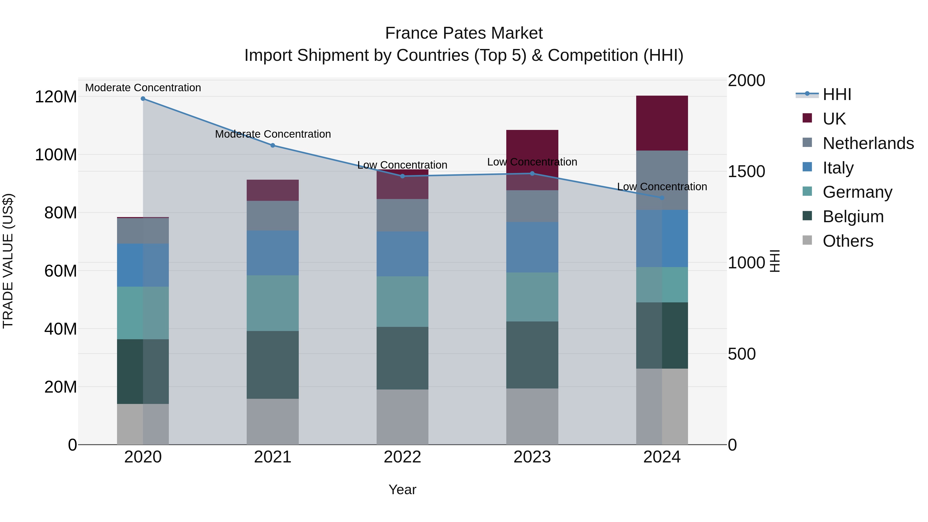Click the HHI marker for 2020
pos(143,99)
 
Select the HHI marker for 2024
pos(662,198)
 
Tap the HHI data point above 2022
pos(402,176)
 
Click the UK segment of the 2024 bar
pos(662,123)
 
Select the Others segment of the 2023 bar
pos(532,417)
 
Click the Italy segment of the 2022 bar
pos(402,254)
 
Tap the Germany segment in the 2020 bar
pos(143,313)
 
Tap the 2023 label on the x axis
pos(532,457)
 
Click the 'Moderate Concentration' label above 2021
pos(273,134)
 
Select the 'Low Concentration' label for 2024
pos(662,187)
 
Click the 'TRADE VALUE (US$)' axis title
pos(8,261)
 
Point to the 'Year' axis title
pos(402,490)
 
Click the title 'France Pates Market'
pos(464,33)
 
